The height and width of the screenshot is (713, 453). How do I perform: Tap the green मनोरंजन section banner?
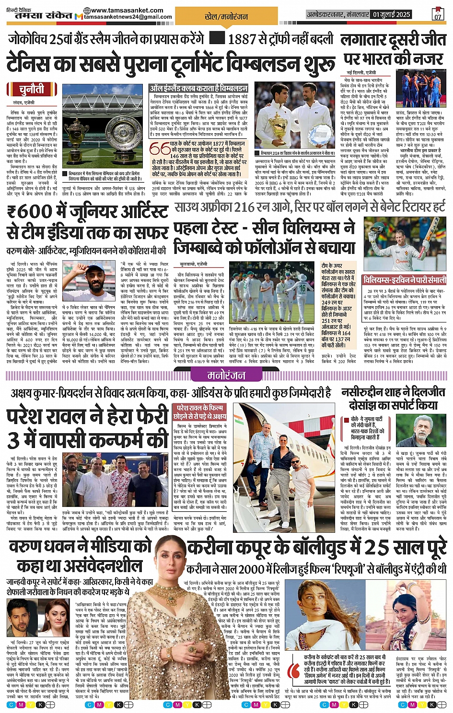tap(226, 375)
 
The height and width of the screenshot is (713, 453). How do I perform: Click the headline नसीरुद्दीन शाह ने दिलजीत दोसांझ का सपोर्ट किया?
tap(396, 399)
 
